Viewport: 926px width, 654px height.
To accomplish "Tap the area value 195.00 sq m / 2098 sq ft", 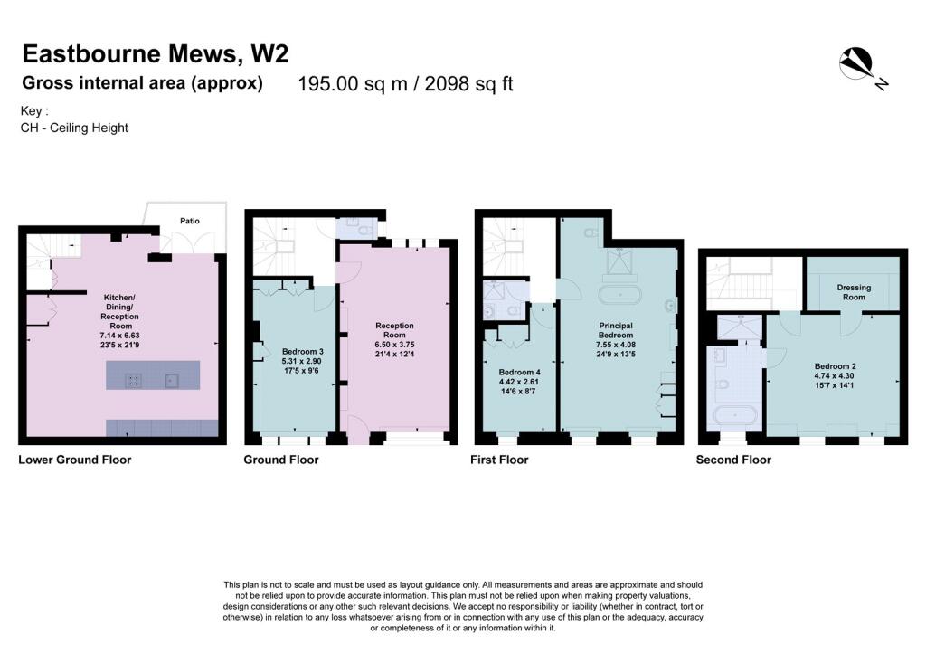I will coord(406,84).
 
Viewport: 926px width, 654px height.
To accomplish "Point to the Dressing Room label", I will coord(854,292).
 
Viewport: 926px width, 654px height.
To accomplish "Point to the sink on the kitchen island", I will coord(171,381).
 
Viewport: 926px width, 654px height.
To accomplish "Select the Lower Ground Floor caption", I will coord(75,460).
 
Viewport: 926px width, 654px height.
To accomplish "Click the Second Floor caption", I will coord(733,460).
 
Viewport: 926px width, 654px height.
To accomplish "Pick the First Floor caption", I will coord(499,460).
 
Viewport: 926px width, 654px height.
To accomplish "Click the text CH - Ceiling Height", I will coord(74,128).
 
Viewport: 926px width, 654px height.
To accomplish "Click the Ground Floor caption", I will coord(281,460).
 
